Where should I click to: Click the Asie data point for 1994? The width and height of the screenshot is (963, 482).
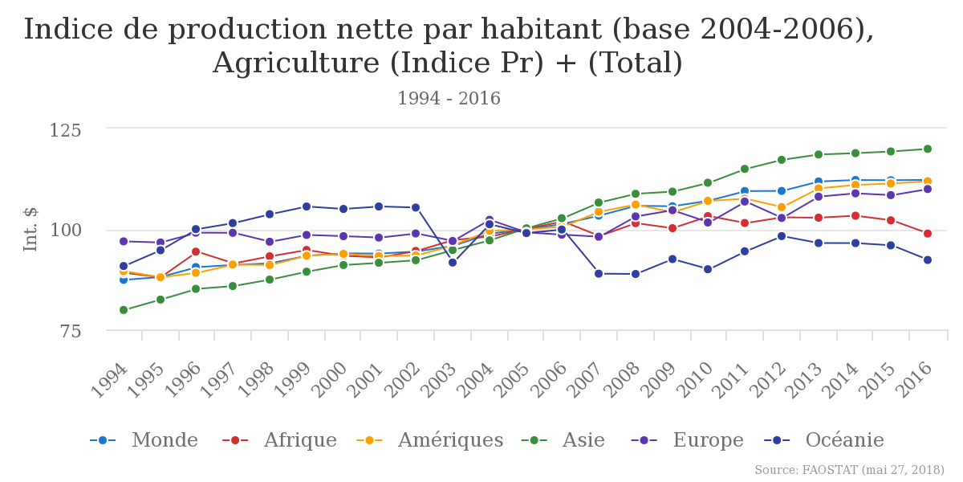point(124,310)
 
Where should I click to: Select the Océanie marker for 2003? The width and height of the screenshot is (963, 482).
point(453,263)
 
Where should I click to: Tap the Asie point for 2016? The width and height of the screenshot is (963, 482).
point(928,149)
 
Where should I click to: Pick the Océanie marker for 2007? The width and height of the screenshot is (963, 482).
point(599,274)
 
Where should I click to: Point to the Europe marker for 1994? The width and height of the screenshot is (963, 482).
point(124,241)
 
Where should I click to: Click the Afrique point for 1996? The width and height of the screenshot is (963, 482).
point(196,251)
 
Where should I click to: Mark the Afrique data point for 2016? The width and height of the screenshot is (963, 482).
point(928,234)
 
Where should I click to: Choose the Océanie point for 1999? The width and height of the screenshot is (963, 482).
point(307,206)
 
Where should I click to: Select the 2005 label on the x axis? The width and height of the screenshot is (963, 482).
point(513,380)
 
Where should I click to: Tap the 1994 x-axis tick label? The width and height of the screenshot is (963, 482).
point(110,380)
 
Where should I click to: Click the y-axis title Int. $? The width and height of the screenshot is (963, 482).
point(31,229)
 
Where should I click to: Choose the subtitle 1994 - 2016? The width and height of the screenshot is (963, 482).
point(449,99)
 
